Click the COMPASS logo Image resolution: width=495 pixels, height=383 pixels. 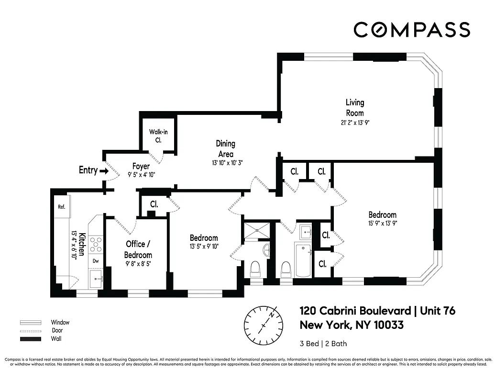point(412,30)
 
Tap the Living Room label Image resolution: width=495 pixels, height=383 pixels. point(355,108)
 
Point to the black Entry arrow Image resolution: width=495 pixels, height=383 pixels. point(104,170)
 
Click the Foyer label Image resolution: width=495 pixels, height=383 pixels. point(141,167)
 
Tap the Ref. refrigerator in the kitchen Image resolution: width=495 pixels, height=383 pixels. point(61,207)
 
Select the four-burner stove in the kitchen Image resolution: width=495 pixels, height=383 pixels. point(96,244)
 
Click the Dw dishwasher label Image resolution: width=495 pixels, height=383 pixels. point(96,261)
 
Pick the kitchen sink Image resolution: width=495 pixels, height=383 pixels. point(96,278)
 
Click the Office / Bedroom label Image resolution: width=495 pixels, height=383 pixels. point(138,249)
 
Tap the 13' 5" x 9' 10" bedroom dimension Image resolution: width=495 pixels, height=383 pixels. point(204,247)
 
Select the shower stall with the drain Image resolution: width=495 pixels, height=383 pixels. point(257,230)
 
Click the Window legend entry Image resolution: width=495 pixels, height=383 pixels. point(60,322)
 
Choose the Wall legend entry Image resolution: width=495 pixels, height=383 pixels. point(56,339)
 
